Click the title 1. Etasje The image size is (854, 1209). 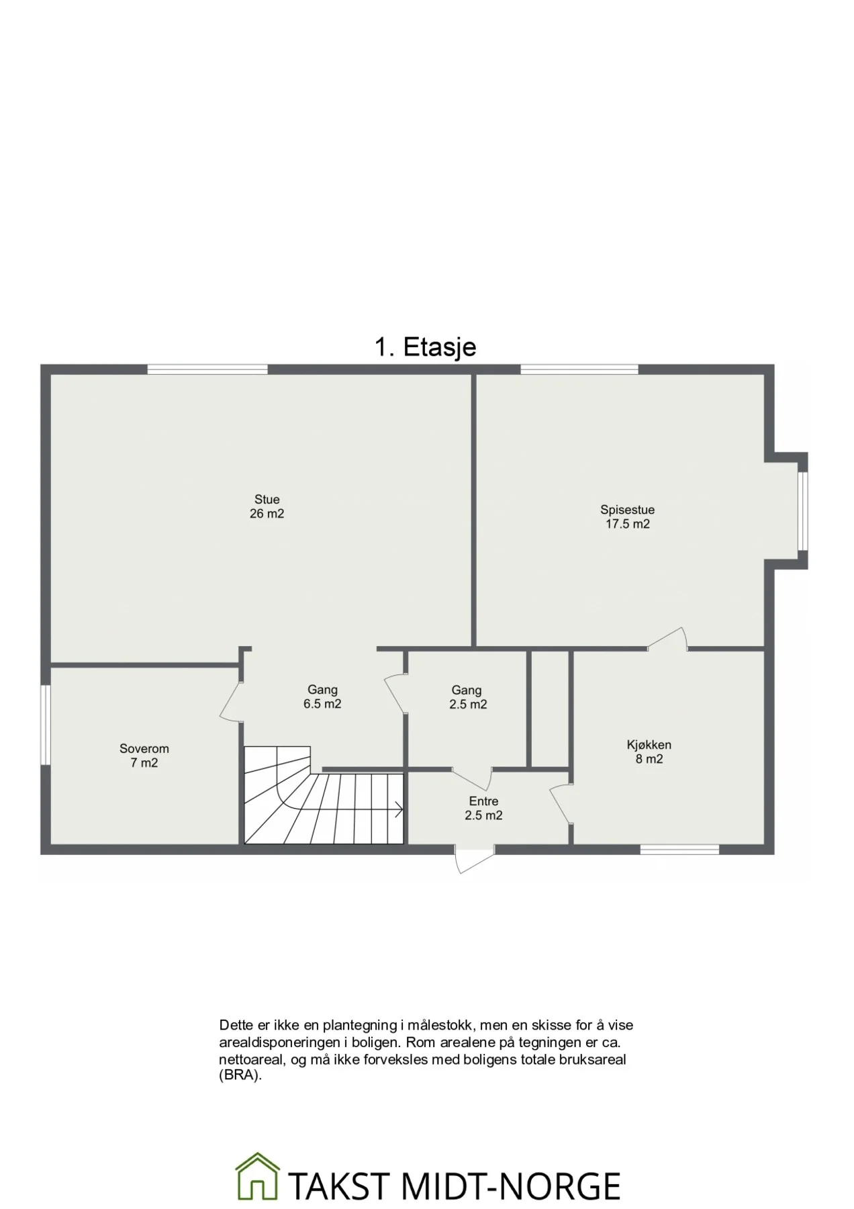coord(425,347)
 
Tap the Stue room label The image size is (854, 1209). coord(267,500)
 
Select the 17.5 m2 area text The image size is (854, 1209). coord(628,525)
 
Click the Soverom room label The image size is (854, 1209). coord(144,749)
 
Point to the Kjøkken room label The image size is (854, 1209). coord(649,745)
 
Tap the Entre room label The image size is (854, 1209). coord(483,801)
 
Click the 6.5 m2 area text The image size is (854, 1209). coord(322,705)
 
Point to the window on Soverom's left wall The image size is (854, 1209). coord(45,724)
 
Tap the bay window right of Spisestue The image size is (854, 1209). coord(803,511)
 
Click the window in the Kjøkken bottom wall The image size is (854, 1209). coord(679,850)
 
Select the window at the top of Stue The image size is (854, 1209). coord(207,369)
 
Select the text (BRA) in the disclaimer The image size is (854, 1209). coord(240,1076)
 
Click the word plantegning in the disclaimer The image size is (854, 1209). coord(360,1026)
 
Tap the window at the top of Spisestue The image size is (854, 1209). coord(579,369)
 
